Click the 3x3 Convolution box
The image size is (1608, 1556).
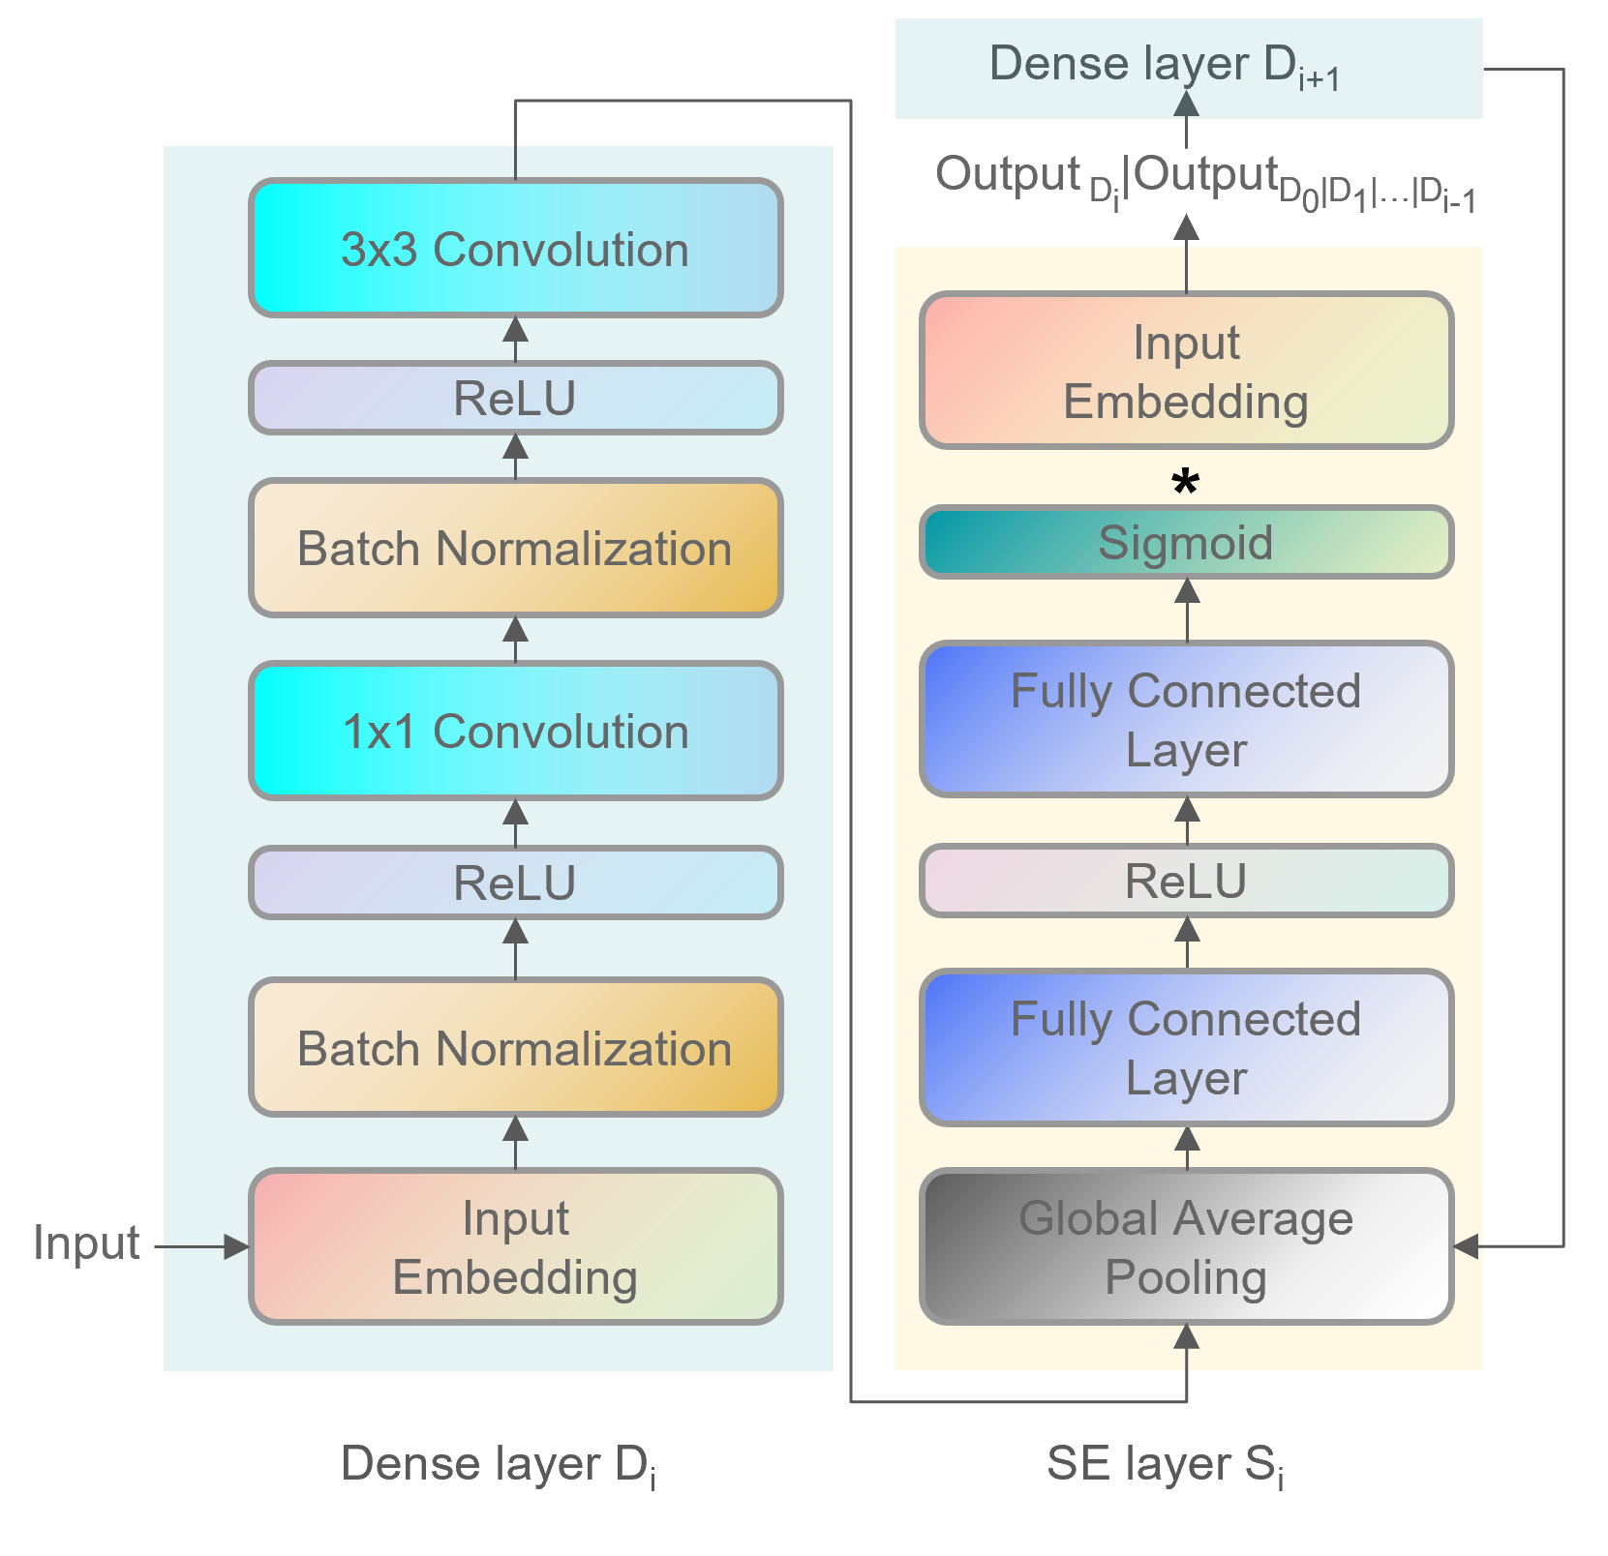pyautogui.click(x=515, y=249)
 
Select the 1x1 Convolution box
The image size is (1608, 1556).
pyautogui.click(x=515, y=731)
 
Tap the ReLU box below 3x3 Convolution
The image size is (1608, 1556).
pyautogui.click(x=515, y=398)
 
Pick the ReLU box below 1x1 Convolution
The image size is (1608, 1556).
pyautogui.click(x=515, y=883)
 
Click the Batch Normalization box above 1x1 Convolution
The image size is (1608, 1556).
pyautogui.click(x=515, y=549)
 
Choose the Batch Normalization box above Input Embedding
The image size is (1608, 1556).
pyautogui.click(x=515, y=1048)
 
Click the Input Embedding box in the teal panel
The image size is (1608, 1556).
pyautogui.click(x=515, y=1246)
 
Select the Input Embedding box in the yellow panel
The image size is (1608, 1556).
pyautogui.click(x=1186, y=371)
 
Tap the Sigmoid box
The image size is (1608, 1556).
pyautogui.click(x=1186, y=542)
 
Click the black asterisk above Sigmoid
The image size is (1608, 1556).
pyautogui.click(x=1186, y=482)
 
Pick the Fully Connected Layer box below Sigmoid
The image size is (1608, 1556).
pyautogui.click(x=1186, y=719)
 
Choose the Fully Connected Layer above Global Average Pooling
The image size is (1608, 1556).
pyautogui.click(x=1186, y=1047)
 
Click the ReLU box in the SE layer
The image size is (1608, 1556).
pyautogui.click(x=1186, y=881)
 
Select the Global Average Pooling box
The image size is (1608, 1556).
pyautogui.click(x=1186, y=1246)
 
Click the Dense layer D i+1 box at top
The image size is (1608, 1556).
pyautogui.click(x=1188, y=68)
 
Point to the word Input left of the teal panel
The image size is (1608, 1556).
pyautogui.click(x=86, y=1242)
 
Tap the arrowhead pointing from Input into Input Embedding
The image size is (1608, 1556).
pyautogui.click(x=236, y=1246)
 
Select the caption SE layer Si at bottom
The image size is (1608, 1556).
pyautogui.click(x=1165, y=1464)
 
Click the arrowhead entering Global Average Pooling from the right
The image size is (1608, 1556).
pyautogui.click(x=1467, y=1246)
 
